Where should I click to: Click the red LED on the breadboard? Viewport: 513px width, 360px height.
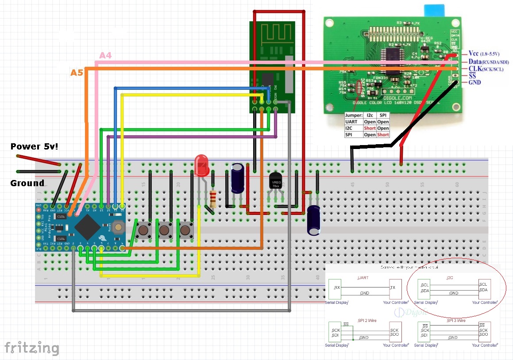201,165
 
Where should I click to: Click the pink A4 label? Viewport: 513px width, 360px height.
105,55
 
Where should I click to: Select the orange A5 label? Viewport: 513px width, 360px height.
77,72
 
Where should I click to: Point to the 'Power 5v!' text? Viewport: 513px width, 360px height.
29,146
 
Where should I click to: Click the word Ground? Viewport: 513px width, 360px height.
27,183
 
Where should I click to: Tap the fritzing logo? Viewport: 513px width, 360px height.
31,348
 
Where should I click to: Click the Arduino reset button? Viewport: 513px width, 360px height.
118,227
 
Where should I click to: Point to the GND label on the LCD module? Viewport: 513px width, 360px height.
475,82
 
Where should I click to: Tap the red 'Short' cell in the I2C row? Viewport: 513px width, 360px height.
369,128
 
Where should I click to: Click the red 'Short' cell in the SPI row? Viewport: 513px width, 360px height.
383,134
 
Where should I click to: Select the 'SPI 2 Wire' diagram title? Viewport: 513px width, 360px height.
367,320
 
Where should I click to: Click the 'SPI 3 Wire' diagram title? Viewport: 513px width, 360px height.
456,320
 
